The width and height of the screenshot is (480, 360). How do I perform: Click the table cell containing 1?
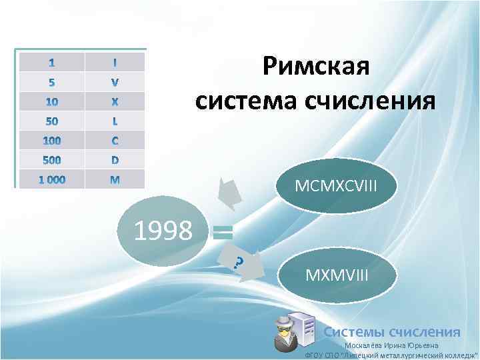click(x=51, y=62)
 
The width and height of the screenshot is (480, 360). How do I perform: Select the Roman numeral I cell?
click(x=115, y=62)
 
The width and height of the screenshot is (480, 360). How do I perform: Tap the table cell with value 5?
click(x=51, y=82)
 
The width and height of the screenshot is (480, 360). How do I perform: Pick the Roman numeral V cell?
click(x=115, y=82)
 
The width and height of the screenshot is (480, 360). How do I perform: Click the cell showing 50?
click(x=51, y=121)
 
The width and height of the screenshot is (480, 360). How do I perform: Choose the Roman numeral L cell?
click(x=115, y=121)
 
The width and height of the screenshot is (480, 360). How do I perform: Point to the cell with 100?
click(x=51, y=141)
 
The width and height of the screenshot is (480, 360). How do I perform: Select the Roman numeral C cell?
click(x=115, y=141)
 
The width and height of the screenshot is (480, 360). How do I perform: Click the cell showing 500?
click(x=51, y=160)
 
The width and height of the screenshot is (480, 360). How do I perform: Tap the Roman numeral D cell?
click(x=115, y=160)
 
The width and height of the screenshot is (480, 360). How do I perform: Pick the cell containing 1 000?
click(x=51, y=179)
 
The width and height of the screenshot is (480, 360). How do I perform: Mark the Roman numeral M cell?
click(x=115, y=179)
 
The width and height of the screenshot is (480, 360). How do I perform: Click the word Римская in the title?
click(x=315, y=67)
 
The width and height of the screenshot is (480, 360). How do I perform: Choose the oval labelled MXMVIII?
click(x=336, y=274)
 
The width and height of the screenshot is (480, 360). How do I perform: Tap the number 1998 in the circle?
click(x=163, y=231)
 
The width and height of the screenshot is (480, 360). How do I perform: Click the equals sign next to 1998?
click(x=223, y=232)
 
